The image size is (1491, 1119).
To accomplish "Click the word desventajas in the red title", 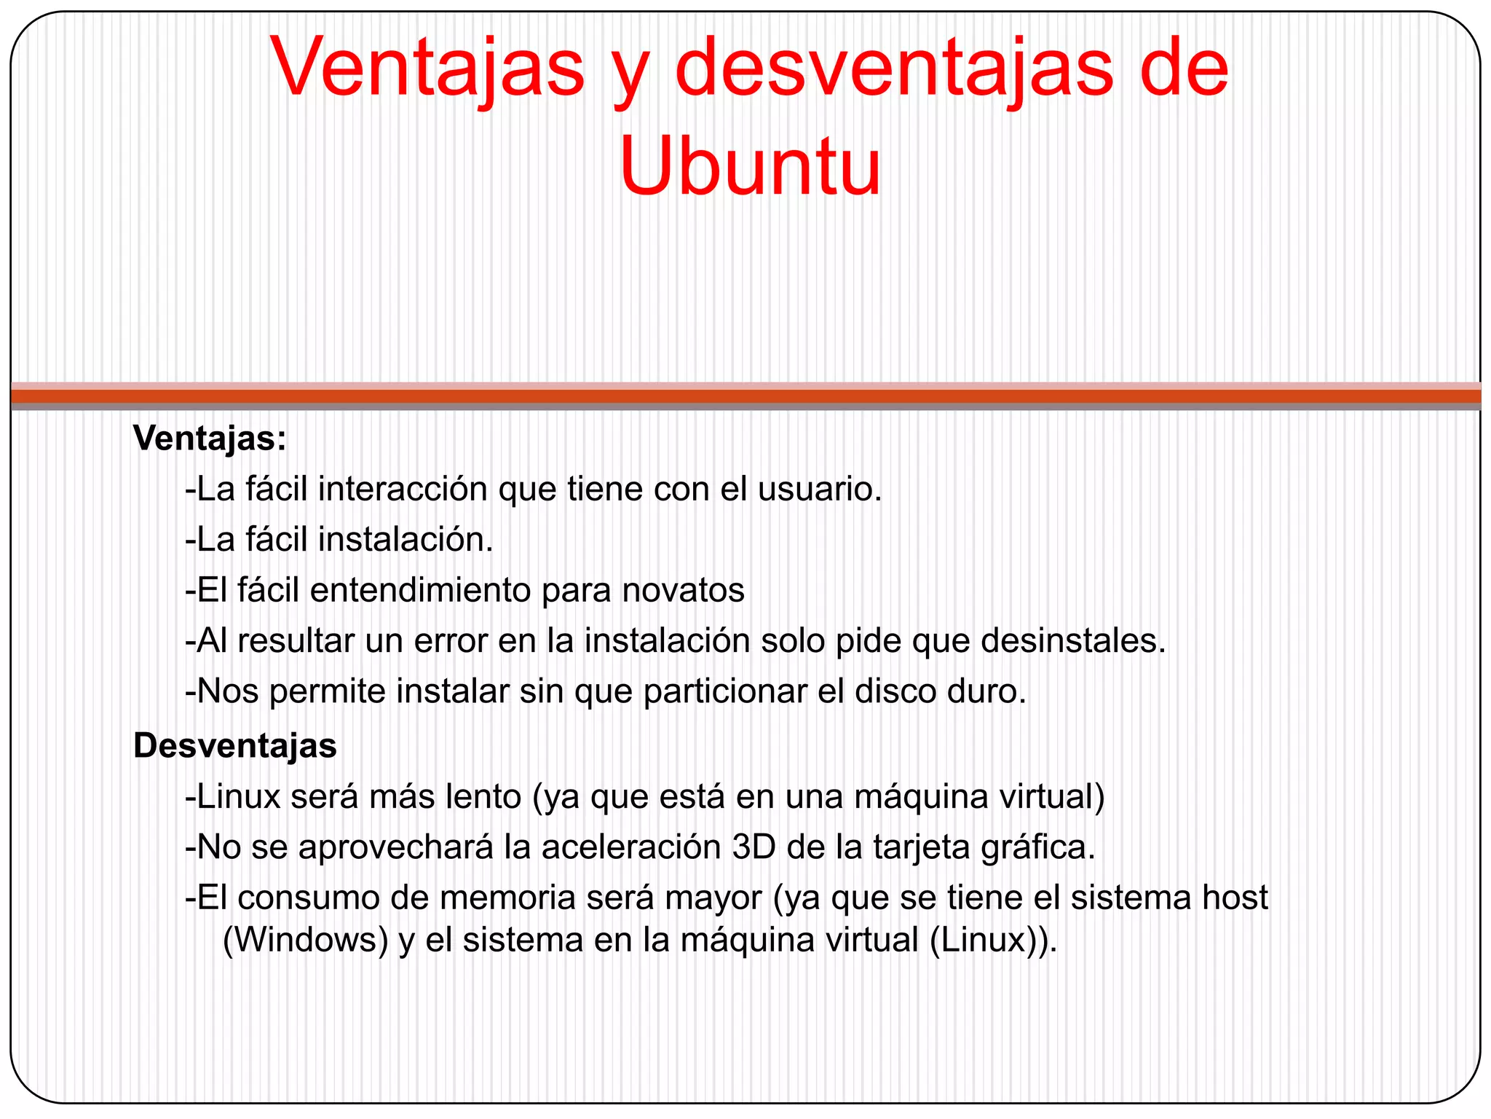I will click(x=894, y=69).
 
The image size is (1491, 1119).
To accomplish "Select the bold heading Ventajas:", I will click(x=210, y=439).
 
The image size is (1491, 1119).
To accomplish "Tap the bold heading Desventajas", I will click(x=234, y=746).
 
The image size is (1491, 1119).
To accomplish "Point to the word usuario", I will click(x=820, y=489).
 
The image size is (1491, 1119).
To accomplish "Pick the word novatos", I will click(x=683, y=590).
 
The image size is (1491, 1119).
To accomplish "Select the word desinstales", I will click(x=1073, y=641).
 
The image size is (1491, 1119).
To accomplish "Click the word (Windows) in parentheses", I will click(x=305, y=941).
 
